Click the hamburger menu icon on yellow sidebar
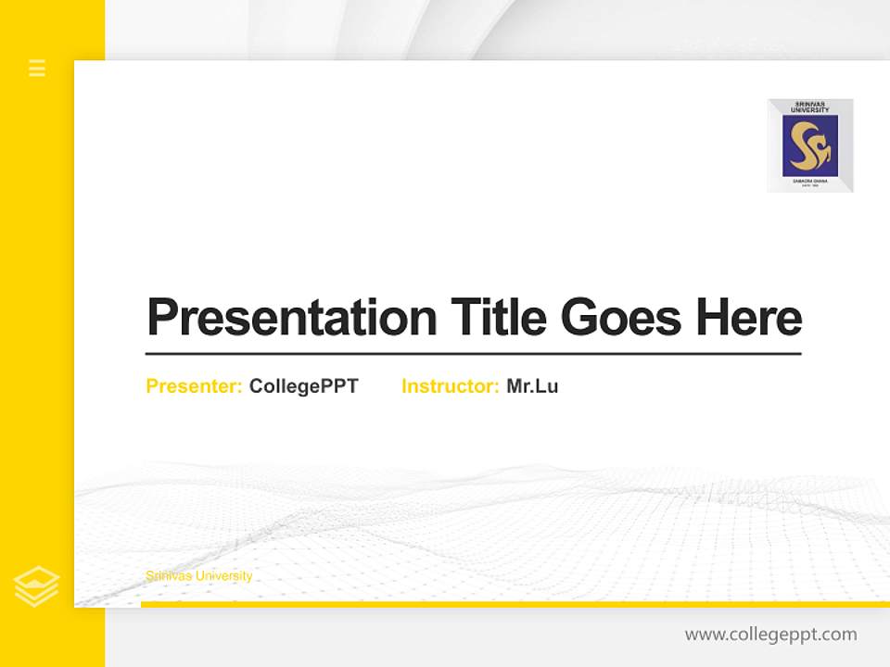pyautogui.click(x=37, y=68)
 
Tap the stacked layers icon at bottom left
pyautogui.click(x=37, y=586)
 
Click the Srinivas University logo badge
pyautogui.click(x=810, y=145)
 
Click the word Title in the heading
pyautogui.click(x=499, y=318)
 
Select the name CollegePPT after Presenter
pyautogui.click(x=303, y=386)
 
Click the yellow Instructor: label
pyautogui.click(x=451, y=386)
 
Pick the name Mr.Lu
pyautogui.click(x=532, y=386)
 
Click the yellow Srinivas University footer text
pyautogui.click(x=198, y=576)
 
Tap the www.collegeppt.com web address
pyautogui.click(x=770, y=635)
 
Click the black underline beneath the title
pyautogui.click(x=473, y=354)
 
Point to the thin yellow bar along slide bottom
pyautogui.click(x=515, y=604)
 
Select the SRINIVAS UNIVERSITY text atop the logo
pyautogui.click(x=810, y=107)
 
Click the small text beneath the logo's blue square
pyautogui.click(x=810, y=183)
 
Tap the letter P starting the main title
pyautogui.click(x=162, y=318)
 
